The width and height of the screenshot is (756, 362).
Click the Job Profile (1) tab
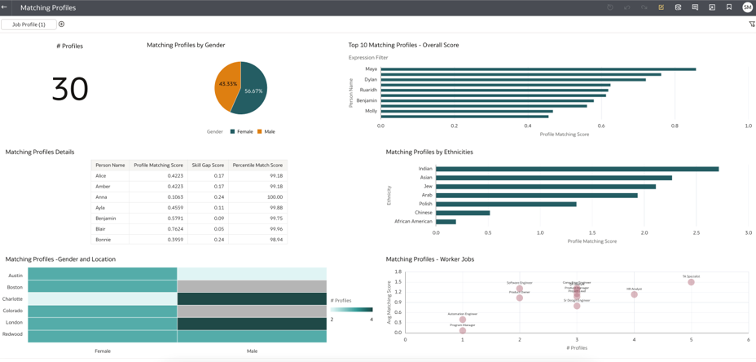[x=29, y=24]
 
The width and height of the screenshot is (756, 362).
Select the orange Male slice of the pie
[x=226, y=85]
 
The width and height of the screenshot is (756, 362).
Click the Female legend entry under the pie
[x=242, y=131]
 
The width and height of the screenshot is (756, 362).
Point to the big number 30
[x=70, y=89]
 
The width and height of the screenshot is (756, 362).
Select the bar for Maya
[x=538, y=69]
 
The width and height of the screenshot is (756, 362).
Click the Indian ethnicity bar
[x=577, y=169]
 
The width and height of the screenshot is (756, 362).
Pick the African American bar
[x=446, y=222]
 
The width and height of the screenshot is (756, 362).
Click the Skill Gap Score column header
[x=208, y=166]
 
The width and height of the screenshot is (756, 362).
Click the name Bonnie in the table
[x=103, y=240]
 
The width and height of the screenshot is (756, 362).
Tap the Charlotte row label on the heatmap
[x=12, y=299]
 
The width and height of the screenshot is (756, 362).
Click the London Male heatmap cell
[x=252, y=323]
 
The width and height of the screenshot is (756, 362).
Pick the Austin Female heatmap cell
[x=102, y=275]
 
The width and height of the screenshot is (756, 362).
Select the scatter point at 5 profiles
[x=691, y=282]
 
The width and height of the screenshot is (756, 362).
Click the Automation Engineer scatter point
[x=463, y=320]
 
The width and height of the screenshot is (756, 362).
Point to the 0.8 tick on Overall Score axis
[x=675, y=126]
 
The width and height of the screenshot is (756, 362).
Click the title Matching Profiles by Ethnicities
[x=429, y=152]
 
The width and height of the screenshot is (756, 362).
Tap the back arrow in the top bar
[x=5, y=7]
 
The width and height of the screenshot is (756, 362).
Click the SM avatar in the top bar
[x=747, y=7]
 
